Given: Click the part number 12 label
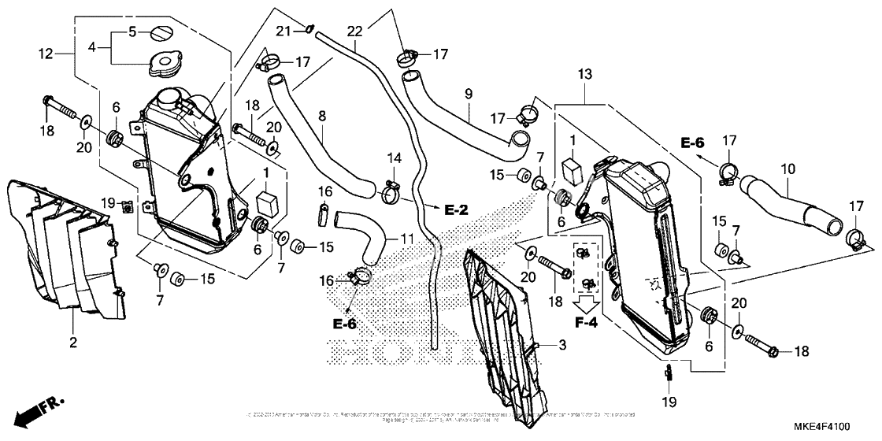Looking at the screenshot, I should tap(47, 53).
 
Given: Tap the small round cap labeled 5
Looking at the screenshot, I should tap(163, 34).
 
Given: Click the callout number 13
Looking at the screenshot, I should tap(584, 74).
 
